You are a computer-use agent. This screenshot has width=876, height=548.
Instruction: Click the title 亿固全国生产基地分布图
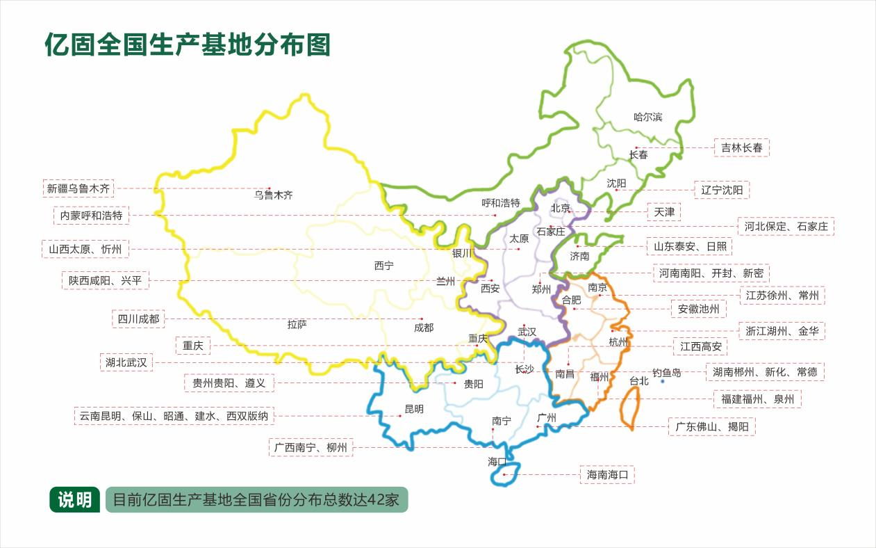(x=187, y=45)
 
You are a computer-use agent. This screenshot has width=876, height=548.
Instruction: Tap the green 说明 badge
(x=74, y=499)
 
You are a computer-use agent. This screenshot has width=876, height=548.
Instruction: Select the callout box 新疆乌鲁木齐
(x=78, y=188)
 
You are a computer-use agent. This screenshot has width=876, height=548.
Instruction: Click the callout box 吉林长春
(x=741, y=147)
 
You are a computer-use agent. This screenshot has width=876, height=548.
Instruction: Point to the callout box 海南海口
(x=607, y=475)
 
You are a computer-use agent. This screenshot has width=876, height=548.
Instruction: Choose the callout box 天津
(x=664, y=211)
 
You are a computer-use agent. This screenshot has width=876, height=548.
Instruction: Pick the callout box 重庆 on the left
(x=192, y=346)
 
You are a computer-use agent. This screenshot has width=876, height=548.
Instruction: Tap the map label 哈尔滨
(x=648, y=117)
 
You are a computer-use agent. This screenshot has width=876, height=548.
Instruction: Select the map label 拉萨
(x=297, y=324)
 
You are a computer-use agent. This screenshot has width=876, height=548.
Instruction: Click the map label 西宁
(x=383, y=266)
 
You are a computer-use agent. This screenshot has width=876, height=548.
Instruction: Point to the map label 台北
(x=638, y=381)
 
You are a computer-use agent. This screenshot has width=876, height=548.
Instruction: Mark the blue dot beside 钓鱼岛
(x=662, y=382)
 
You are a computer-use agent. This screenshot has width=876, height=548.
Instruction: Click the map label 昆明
(x=413, y=409)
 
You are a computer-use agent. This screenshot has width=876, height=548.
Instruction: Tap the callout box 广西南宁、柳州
(x=311, y=447)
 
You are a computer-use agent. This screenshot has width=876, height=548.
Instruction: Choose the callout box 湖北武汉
(x=126, y=362)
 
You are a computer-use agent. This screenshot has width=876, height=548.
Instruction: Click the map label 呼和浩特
(x=501, y=203)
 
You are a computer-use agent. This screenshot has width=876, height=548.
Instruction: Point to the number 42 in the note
(x=375, y=500)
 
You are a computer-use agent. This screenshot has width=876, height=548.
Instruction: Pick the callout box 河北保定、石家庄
(x=786, y=226)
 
